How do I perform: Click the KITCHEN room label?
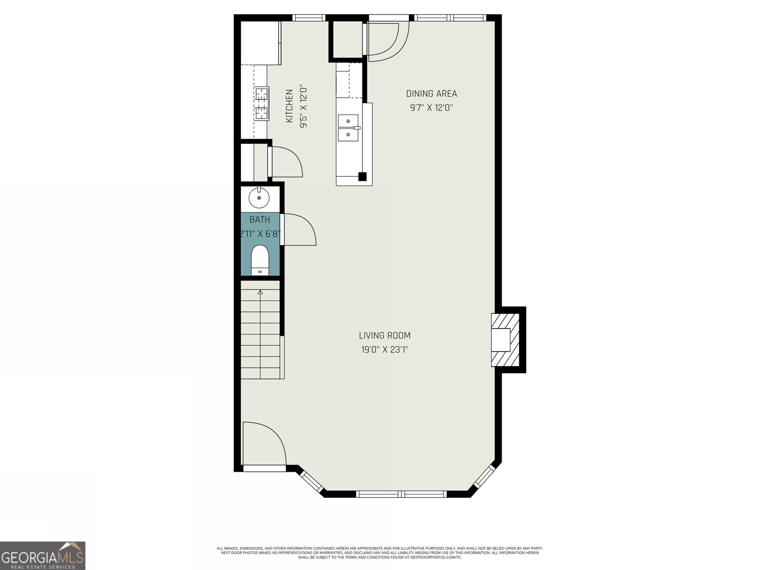(289, 106)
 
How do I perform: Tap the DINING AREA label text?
(431, 94)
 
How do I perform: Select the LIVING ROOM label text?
(385, 335)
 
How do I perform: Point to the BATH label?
(260, 219)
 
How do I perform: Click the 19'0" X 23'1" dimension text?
(385, 350)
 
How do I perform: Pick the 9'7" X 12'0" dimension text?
(431, 107)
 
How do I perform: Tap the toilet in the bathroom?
(260, 260)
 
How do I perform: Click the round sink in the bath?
(259, 197)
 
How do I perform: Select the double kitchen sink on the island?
(348, 128)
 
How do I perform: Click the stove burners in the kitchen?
(262, 104)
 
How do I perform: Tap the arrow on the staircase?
(260, 292)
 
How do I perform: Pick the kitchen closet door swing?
(285, 161)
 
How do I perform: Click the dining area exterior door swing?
(386, 40)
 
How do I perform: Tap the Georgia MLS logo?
(42, 555)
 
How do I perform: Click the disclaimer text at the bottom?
(380, 552)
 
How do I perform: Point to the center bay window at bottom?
(401, 494)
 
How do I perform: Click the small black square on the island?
(362, 177)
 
